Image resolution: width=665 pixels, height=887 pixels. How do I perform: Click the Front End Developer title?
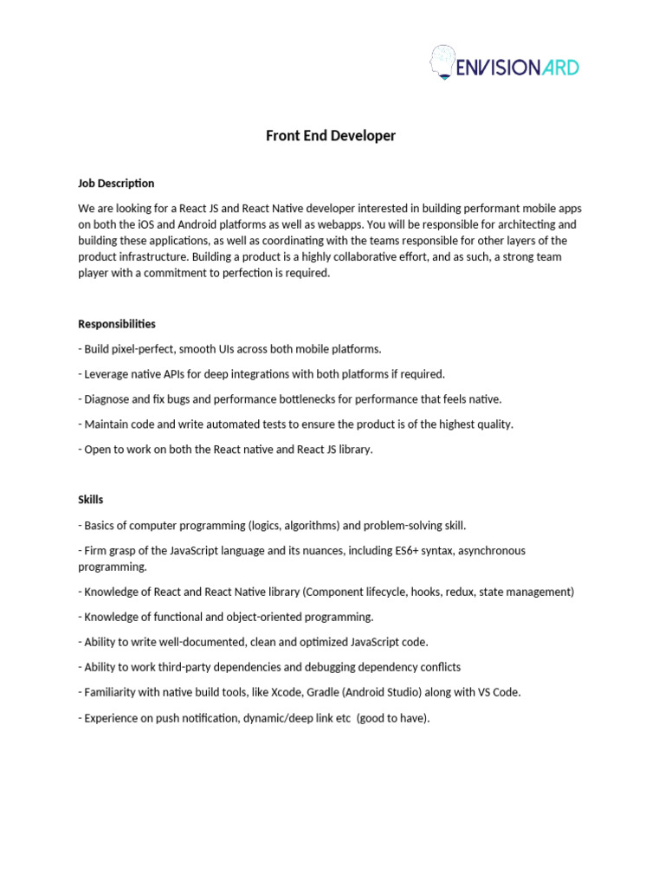(x=331, y=136)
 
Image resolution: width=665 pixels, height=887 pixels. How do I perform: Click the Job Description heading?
(x=116, y=184)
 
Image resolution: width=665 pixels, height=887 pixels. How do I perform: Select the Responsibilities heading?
(x=117, y=324)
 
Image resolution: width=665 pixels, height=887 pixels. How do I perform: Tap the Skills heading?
(x=90, y=500)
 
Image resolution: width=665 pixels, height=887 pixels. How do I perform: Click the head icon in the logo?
(x=442, y=63)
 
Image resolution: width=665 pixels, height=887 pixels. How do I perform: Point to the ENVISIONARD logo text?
(x=517, y=68)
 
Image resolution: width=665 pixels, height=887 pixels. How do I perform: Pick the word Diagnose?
(x=109, y=399)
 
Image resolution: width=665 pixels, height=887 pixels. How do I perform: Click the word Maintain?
(x=108, y=424)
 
